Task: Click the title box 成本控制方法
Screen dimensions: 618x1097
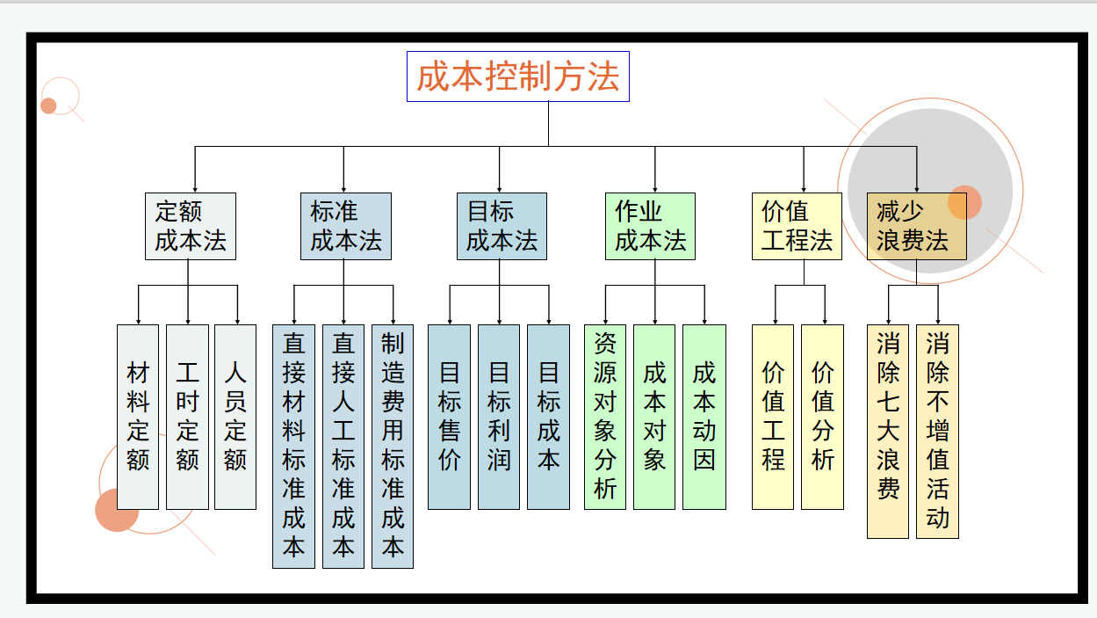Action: (x=518, y=76)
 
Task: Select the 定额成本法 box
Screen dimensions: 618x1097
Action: (x=191, y=226)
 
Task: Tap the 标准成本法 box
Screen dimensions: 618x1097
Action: (x=343, y=226)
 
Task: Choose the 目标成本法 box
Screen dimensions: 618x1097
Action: (x=502, y=226)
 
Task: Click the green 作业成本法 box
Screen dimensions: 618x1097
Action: (x=650, y=226)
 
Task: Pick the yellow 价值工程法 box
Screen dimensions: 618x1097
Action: (x=797, y=226)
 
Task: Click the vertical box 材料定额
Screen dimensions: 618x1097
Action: (x=138, y=417)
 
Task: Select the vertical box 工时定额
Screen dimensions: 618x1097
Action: (x=187, y=417)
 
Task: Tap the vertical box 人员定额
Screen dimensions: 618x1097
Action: (x=235, y=417)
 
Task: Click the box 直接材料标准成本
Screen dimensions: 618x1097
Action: (x=293, y=447)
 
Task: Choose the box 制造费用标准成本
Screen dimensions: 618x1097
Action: (x=393, y=447)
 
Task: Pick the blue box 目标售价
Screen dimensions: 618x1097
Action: (x=449, y=417)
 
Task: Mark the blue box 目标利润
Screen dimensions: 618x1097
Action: (x=499, y=417)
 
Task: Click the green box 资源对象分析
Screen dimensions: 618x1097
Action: (x=605, y=417)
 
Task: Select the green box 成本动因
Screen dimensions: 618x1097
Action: (x=704, y=417)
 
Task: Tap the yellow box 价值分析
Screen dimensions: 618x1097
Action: (x=822, y=417)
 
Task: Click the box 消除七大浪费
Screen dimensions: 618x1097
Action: (x=888, y=431)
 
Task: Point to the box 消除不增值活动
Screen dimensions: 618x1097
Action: (x=937, y=431)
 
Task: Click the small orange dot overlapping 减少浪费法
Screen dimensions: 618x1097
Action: (x=965, y=202)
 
